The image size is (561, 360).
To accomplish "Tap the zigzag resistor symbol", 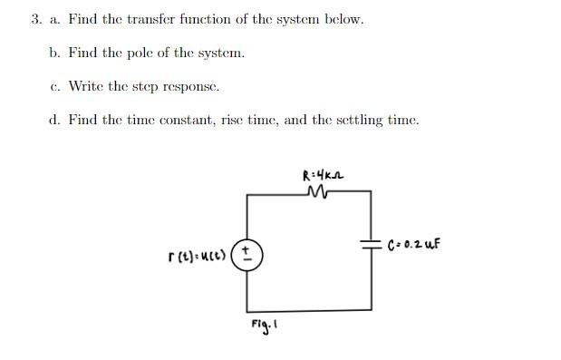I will (318, 192).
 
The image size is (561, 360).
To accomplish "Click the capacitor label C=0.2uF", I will (413, 245).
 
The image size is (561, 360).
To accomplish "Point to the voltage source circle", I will (248, 254).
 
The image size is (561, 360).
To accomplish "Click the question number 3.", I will (34, 19).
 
